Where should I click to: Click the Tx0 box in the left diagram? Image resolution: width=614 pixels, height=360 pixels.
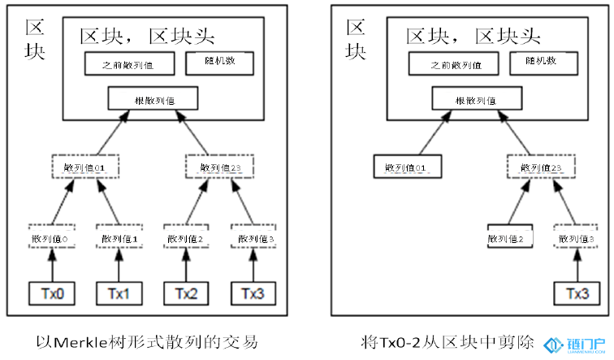point(53,292)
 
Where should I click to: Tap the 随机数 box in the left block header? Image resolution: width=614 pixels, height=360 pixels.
point(219,63)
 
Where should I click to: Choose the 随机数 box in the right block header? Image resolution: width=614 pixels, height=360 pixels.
point(543,63)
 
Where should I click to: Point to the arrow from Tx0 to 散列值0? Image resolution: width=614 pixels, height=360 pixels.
point(53,265)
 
